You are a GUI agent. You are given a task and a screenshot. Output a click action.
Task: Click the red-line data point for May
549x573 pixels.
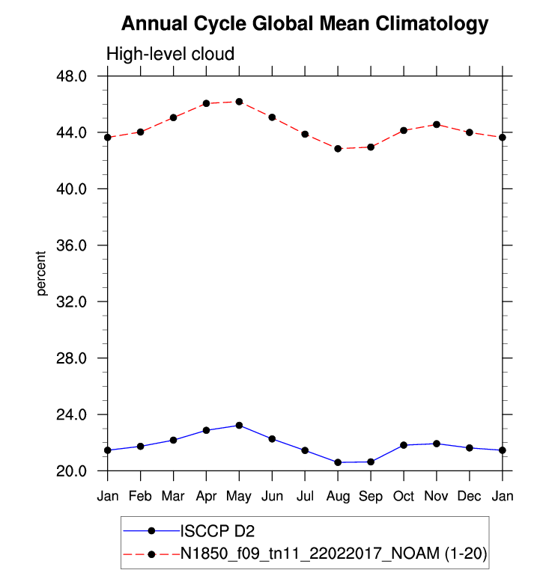(239, 101)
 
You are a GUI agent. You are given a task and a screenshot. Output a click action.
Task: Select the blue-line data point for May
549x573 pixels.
(239, 425)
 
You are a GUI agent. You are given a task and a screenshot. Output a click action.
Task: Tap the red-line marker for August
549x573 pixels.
(338, 149)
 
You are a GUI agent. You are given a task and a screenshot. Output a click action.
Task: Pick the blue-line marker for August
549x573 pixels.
(338, 462)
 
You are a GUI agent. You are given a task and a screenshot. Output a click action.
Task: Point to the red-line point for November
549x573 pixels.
(437, 124)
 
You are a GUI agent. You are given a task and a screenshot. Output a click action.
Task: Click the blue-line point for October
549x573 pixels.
(404, 445)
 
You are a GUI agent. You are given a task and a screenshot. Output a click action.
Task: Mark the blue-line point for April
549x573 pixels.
(206, 430)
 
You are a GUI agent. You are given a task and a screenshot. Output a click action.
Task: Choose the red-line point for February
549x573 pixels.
(140, 132)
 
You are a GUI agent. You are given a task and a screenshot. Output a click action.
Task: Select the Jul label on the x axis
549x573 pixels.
(305, 496)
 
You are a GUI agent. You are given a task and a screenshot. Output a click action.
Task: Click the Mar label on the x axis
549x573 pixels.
(173, 496)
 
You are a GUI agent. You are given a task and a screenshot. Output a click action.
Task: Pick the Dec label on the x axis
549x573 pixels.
(470, 496)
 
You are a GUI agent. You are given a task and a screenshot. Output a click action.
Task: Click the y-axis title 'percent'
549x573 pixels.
(42, 273)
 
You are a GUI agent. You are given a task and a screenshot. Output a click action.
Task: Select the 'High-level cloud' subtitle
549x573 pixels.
(171, 55)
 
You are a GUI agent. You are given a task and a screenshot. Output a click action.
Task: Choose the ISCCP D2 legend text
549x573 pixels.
(216, 531)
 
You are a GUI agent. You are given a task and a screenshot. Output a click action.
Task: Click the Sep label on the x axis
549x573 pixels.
(371, 496)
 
